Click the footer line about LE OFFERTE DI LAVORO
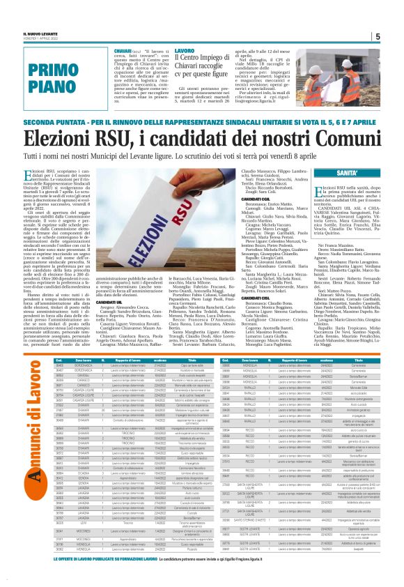202,578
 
